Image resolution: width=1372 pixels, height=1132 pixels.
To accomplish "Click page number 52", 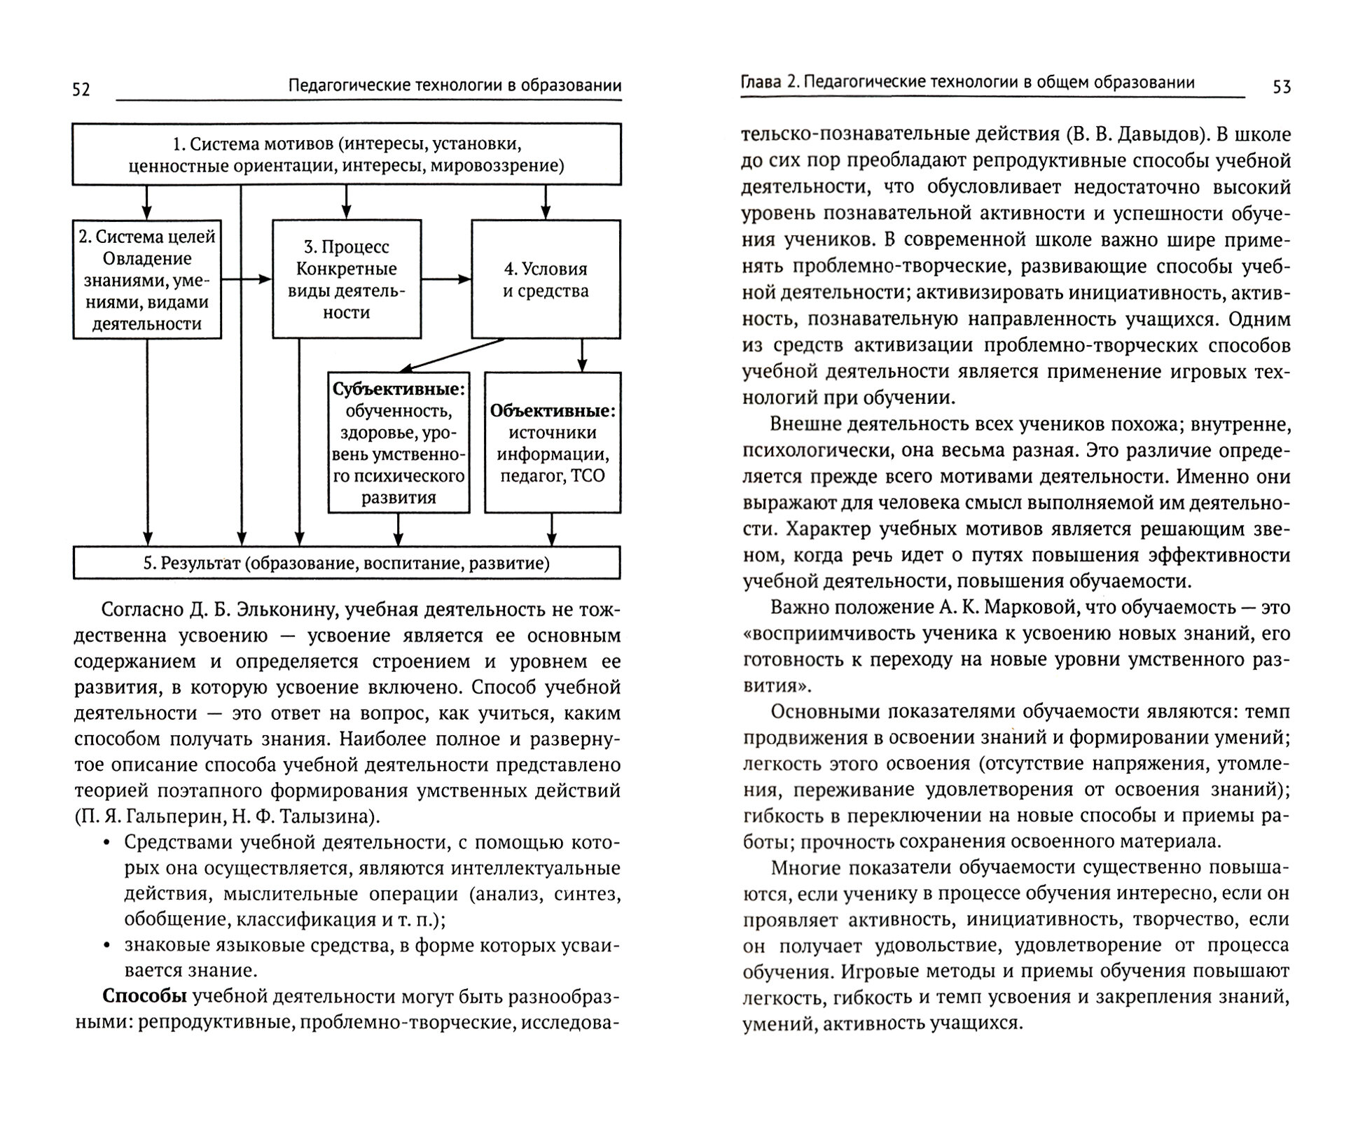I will tap(81, 90).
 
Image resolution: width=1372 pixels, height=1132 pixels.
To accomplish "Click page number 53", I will tap(1282, 87).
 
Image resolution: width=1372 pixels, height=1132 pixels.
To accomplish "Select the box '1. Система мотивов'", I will tap(347, 155).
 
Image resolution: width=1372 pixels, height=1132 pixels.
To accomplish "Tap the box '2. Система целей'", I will tap(147, 279).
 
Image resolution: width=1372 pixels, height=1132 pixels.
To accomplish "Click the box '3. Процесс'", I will tap(347, 279).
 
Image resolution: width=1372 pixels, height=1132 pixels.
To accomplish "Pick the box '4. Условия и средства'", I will tap(546, 279).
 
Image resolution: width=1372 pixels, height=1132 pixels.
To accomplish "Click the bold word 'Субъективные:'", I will tap(399, 389).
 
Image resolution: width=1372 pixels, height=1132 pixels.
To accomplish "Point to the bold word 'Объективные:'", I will tap(553, 411).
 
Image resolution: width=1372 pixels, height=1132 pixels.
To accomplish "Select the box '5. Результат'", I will tap(347, 564).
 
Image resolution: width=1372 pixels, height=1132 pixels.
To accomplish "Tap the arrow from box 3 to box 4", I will tap(446, 279).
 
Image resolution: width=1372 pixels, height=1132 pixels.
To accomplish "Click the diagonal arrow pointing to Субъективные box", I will tap(452, 356).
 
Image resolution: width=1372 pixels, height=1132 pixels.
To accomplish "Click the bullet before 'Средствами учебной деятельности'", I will tap(106, 843).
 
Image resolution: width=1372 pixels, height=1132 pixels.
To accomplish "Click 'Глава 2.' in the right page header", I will tap(770, 83).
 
